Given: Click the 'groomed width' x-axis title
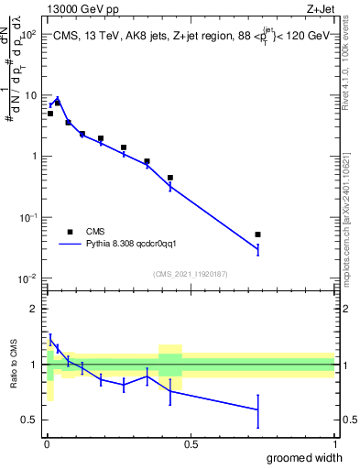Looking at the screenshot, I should click(302, 457).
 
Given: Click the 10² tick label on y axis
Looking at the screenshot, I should click(28, 34).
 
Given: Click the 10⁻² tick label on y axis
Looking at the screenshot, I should click(28, 278).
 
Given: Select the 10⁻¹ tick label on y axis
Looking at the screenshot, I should click(28, 217).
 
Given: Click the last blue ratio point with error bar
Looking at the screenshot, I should click(258, 409).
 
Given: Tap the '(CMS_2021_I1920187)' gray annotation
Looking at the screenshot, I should click(190, 273).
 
